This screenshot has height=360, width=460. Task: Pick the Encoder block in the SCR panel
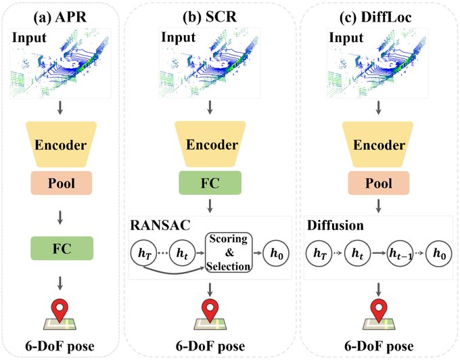pyautogui.click(x=210, y=143)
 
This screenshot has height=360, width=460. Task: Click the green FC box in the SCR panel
pyautogui.click(x=210, y=183)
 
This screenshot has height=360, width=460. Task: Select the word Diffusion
pyautogui.click(x=331, y=224)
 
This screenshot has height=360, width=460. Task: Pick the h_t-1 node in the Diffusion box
pyautogui.click(x=398, y=253)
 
